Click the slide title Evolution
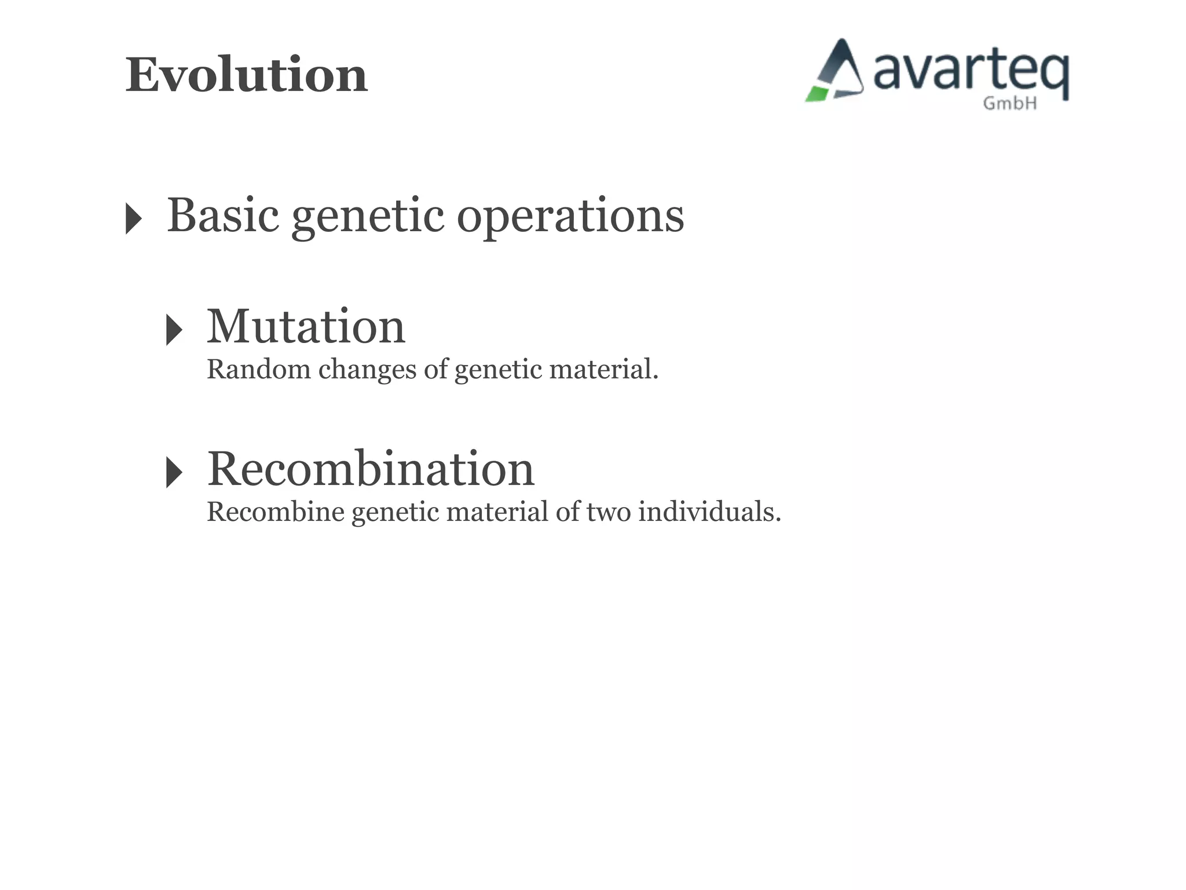tap(246, 75)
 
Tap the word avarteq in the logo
tap(970, 72)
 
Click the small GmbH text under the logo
tap(1009, 104)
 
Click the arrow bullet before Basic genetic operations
tap(133, 218)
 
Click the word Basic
tap(223, 216)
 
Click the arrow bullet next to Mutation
tap(174, 330)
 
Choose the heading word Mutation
tap(306, 327)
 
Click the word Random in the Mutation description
tap(258, 369)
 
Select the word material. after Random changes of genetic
tap(604, 369)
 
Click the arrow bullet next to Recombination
tap(174, 472)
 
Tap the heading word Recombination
tap(371, 469)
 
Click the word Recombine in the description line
tap(275, 512)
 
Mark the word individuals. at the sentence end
tap(710, 512)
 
